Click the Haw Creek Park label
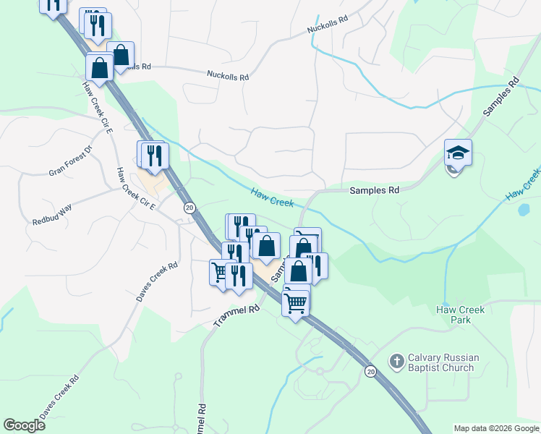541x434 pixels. pyautogui.click(x=460, y=315)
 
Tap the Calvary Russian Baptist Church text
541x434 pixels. pyautogui.click(x=440, y=362)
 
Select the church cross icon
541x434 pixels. pyautogui.click(x=396, y=360)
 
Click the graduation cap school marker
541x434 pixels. pyautogui.click(x=458, y=153)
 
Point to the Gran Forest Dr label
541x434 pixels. pyautogui.click(x=71, y=161)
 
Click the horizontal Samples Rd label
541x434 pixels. pyautogui.click(x=374, y=191)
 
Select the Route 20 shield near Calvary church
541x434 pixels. pyautogui.click(x=371, y=372)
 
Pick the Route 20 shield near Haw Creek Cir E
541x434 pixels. pyautogui.click(x=189, y=208)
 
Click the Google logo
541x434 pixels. pyautogui.click(x=24, y=425)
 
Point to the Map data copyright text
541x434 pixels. pyautogui.click(x=496, y=428)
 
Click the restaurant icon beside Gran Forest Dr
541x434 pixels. pyautogui.click(x=153, y=155)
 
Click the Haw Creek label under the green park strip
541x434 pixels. pyautogui.click(x=273, y=197)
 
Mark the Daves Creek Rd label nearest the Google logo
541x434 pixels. pyautogui.click(x=59, y=397)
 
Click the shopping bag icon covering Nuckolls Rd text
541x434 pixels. pyautogui.click(x=121, y=55)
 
